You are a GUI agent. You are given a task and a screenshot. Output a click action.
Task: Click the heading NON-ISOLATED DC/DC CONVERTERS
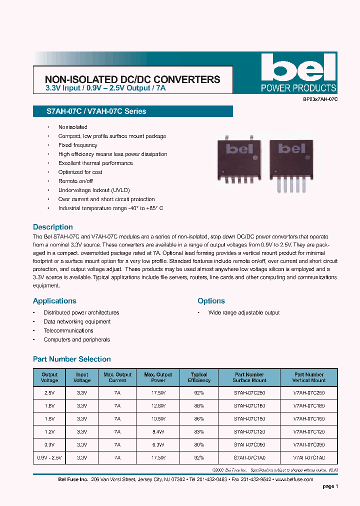(x=132, y=79)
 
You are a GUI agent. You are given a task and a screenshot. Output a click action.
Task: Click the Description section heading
(x=52, y=227)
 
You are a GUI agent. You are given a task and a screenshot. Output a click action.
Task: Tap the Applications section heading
(x=54, y=301)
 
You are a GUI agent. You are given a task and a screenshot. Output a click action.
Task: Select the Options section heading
(x=211, y=301)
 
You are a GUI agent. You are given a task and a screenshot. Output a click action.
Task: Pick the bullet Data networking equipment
(x=77, y=321)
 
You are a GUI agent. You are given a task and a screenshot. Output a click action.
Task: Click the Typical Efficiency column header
(x=199, y=377)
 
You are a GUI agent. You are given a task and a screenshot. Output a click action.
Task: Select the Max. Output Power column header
(x=158, y=377)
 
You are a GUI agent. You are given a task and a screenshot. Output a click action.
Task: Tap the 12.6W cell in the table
(x=158, y=405)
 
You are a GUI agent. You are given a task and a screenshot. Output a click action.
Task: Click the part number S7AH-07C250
(x=249, y=393)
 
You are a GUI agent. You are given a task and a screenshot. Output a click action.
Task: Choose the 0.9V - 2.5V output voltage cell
(x=49, y=457)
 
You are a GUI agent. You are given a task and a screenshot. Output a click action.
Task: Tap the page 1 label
(x=330, y=486)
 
